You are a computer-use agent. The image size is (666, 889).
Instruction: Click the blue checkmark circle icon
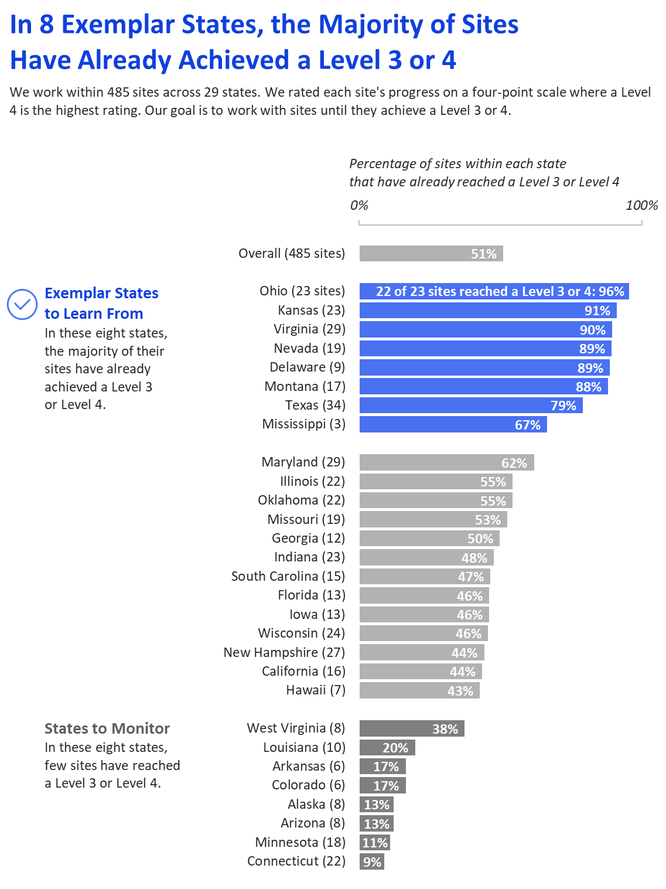pyautogui.click(x=22, y=304)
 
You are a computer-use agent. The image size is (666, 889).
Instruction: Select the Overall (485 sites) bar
pyautogui.click(x=431, y=254)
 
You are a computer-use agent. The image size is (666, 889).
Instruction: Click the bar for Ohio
pyautogui.click(x=494, y=291)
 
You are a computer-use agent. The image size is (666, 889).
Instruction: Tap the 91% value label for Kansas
pyautogui.click(x=597, y=311)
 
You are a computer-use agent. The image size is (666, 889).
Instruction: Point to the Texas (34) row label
pyautogui.click(x=315, y=405)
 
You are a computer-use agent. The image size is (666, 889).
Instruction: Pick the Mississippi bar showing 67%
pyautogui.click(x=453, y=425)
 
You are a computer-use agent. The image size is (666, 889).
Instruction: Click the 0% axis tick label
pyautogui.click(x=359, y=205)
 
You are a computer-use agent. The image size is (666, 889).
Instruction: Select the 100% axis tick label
pyautogui.click(x=641, y=205)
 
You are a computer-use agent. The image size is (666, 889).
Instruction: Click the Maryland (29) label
pyautogui.click(x=303, y=462)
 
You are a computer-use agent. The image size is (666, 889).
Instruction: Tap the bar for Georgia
pyautogui.click(x=429, y=539)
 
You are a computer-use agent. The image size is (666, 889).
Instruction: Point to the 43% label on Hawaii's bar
pyautogui.click(x=460, y=691)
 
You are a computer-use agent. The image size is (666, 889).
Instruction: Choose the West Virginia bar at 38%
pyautogui.click(x=411, y=729)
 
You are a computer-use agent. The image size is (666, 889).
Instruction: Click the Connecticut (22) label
pyautogui.click(x=296, y=861)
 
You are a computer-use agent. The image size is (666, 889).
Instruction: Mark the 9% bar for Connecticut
pyautogui.click(x=371, y=862)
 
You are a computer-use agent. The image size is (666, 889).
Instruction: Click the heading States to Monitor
pyautogui.click(x=107, y=728)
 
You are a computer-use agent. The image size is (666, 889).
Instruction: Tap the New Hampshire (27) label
pyautogui.click(x=284, y=652)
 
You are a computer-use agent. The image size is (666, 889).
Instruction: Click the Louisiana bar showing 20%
pyautogui.click(x=387, y=748)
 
